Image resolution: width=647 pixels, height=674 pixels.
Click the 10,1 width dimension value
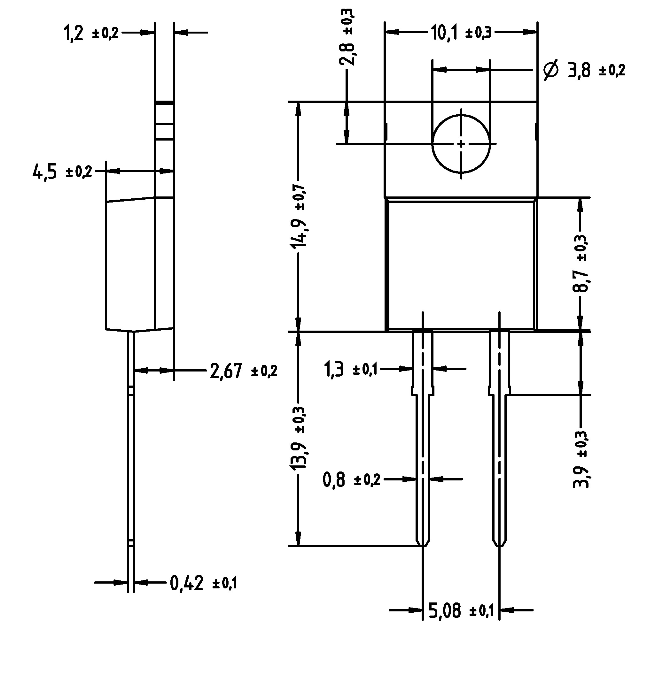coord(444,33)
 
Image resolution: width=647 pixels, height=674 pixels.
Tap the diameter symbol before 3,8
coord(551,71)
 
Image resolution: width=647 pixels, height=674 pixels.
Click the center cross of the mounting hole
coord(461,144)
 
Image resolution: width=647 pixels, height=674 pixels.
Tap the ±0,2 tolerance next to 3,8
coord(612,71)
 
